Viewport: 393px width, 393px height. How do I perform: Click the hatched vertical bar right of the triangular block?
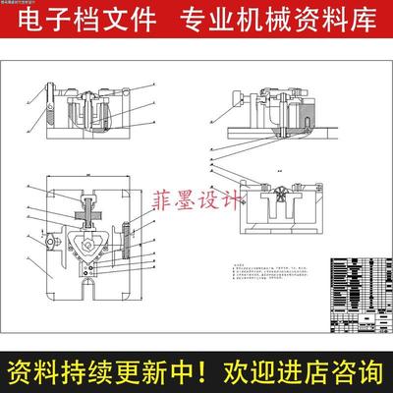[x=126, y=241]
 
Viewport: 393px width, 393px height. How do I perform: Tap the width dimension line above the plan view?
[x=88, y=174]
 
